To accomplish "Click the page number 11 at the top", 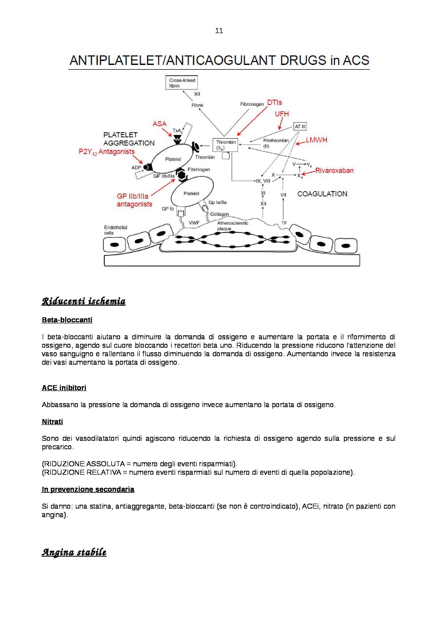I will (x=219, y=31).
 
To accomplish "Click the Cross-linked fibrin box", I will (x=181, y=83).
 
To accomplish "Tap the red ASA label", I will (x=160, y=124).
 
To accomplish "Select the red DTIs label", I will (x=275, y=103).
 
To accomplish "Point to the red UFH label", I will (x=282, y=114).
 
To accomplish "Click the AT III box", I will (x=300, y=126).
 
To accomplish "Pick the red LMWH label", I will (x=316, y=140).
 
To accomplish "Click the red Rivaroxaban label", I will (x=334, y=170).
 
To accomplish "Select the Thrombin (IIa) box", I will (x=225, y=145).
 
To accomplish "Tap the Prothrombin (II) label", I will (x=276, y=143).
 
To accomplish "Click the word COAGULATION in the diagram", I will (x=322, y=194).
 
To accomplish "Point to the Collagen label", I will (x=219, y=214).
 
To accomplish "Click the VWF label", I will (x=194, y=223).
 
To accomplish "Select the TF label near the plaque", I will (x=284, y=223).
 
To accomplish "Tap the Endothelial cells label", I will (x=116, y=230).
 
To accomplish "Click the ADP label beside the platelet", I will (x=136, y=168).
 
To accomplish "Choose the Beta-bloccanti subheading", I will (x=67, y=320).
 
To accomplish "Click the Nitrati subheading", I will (x=52, y=422).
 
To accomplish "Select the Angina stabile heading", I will (x=74, y=552).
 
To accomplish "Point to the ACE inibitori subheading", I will (x=64, y=388).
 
